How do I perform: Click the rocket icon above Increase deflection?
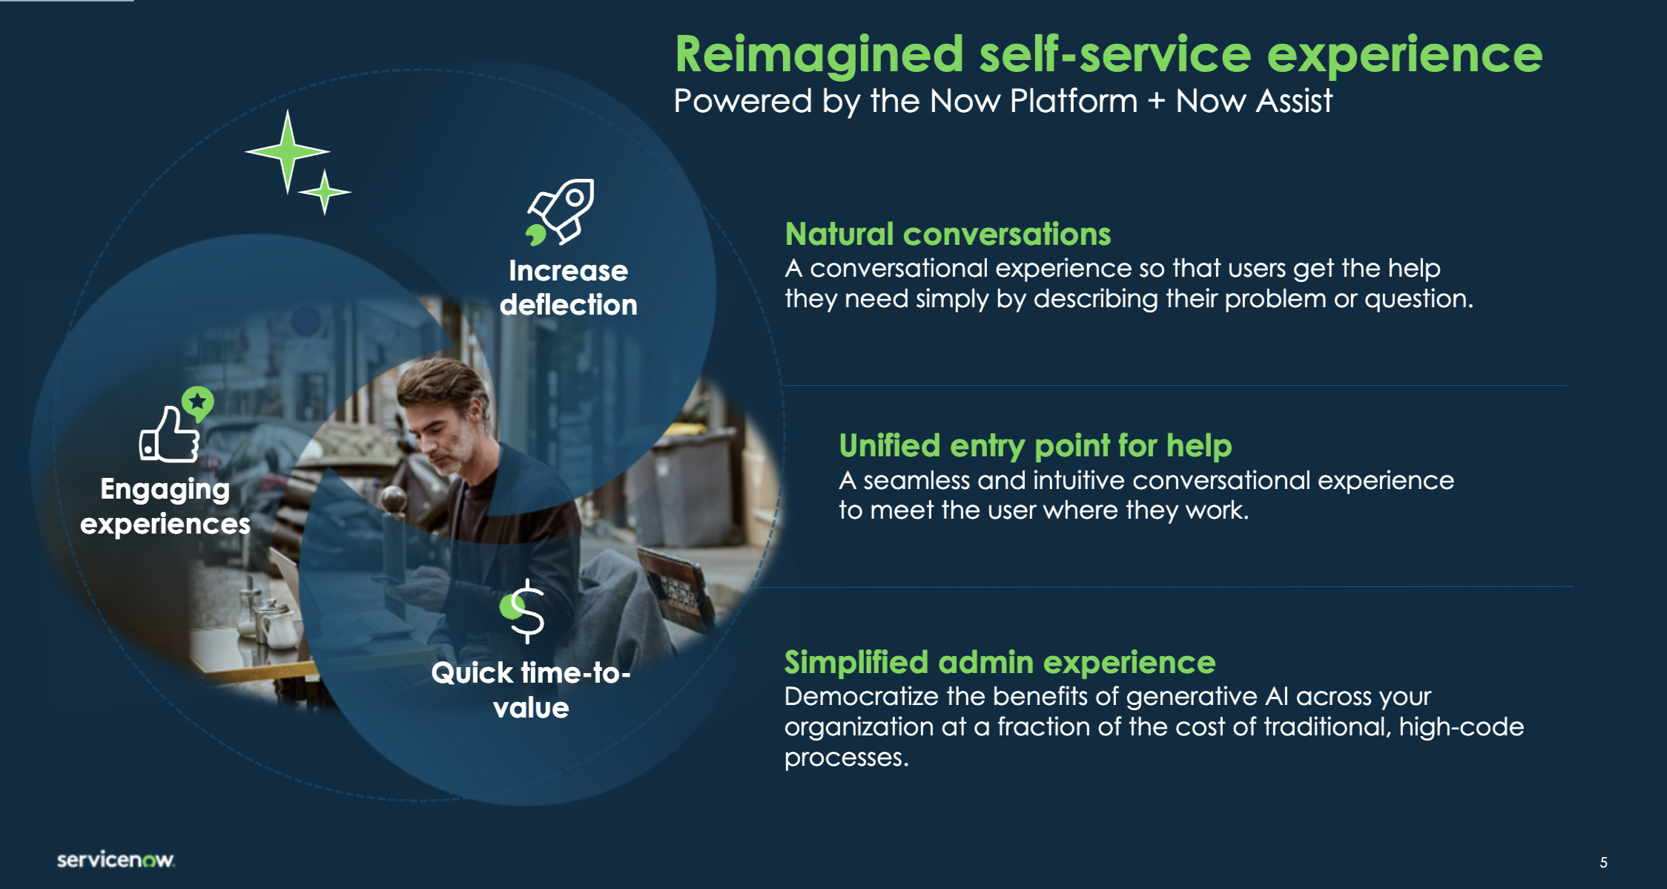(561, 212)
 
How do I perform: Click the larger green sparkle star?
(288, 152)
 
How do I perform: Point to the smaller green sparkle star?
(324, 192)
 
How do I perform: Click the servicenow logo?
(116, 859)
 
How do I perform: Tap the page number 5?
(1603, 862)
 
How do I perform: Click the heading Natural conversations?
(948, 234)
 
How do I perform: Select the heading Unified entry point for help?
(1035, 446)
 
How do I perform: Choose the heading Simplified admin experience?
(1000, 662)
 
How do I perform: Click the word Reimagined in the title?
(819, 55)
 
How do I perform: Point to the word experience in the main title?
(1404, 56)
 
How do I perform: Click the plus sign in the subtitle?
(1156, 102)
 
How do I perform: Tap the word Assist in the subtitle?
(1291, 101)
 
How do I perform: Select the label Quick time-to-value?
(531, 690)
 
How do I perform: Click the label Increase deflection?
(568, 288)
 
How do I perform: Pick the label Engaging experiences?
(165, 506)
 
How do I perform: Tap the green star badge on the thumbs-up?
(197, 403)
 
